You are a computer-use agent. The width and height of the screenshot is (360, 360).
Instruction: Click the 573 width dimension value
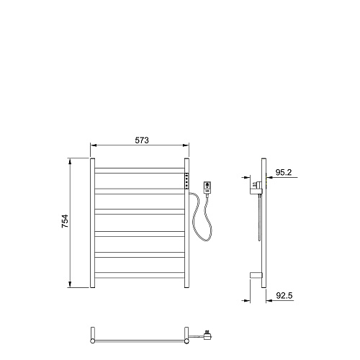click(142, 140)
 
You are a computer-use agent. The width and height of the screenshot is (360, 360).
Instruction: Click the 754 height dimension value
click(65, 221)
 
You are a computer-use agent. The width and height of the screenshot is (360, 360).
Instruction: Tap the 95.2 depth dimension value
click(284, 172)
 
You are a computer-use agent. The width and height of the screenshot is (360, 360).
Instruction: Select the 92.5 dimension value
click(284, 296)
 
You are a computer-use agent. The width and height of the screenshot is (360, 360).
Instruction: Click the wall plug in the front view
click(207, 187)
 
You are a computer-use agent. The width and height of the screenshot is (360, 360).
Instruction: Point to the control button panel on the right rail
click(186, 181)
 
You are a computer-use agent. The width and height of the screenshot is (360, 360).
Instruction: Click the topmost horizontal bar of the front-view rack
click(140, 171)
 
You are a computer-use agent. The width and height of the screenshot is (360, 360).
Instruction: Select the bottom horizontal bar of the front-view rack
click(140, 275)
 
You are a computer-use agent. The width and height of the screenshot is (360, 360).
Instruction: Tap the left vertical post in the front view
click(92, 222)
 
